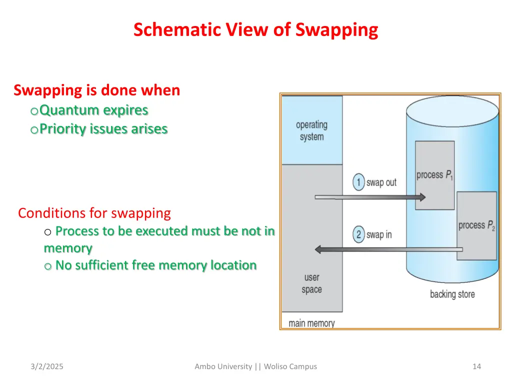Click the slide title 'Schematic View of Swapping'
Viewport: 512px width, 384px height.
[x=255, y=30]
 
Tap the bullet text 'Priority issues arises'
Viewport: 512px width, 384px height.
[x=103, y=129]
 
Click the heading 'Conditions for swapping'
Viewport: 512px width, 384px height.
[x=94, y=213]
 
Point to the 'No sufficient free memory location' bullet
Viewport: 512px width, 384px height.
[x=156, y=265]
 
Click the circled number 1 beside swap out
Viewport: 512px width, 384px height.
[x=358, y=182]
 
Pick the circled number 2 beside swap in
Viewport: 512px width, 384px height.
[x=358, y=234]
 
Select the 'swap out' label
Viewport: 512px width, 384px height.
[x=381, y=182]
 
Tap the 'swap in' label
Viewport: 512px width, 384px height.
[x=379, y=235]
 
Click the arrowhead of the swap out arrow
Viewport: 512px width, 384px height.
[x=421, y=197]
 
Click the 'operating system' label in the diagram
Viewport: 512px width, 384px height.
[x=311, y=130]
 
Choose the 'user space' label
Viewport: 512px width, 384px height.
[x=311, y=283]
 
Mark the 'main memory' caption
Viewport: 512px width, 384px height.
[x=311, y=323]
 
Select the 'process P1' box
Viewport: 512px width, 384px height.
[x=434, y=175]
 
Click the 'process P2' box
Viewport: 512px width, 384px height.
[x=476, y=225]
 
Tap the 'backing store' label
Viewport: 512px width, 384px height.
[x=452, y=294]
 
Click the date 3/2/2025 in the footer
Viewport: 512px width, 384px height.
[x=46, y=366]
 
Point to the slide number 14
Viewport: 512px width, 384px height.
[x=476, y=366]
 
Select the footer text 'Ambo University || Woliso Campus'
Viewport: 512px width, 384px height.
[x=255, y=366]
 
